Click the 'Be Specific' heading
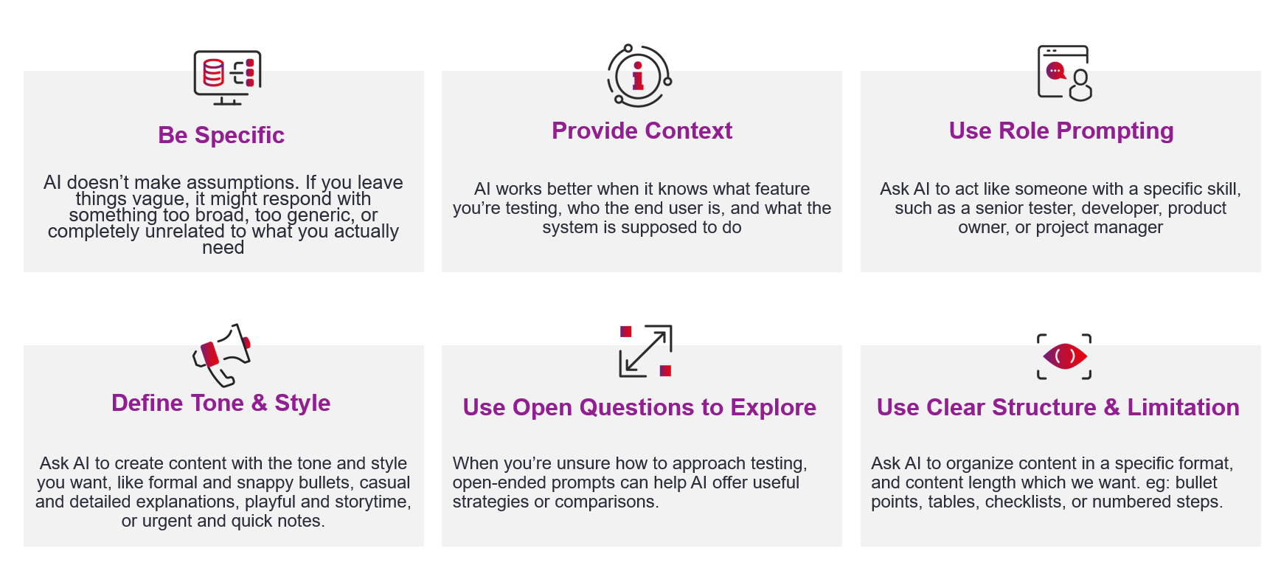(x=221, y=136)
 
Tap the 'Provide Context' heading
(x=642, y=131)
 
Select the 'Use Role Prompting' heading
(x=1060, y=131)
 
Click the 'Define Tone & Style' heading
(x=221, y=404)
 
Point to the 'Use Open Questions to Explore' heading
(x=639, y=408)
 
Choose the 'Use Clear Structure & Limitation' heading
(x=1058, y=408)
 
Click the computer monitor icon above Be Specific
(x=227, y=77)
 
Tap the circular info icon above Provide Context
(x=639, y=75)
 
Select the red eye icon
(x=1064, y=357)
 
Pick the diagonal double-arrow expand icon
(x=645, y=351)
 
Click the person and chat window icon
(x=1064, y=72)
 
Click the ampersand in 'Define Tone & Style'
(x=259, y=404)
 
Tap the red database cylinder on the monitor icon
(x=213, y=72)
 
